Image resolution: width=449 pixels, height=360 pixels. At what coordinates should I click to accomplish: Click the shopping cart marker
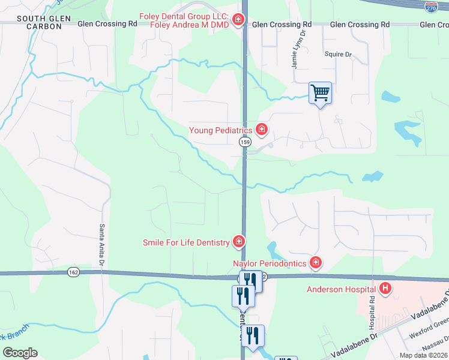pos(320,93)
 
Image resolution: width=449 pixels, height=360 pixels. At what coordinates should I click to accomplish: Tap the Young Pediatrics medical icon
pos(261,129)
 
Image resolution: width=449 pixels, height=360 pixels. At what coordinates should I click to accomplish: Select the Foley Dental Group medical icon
pos(238,20)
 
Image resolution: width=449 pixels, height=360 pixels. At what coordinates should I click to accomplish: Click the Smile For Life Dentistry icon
pos(238,242)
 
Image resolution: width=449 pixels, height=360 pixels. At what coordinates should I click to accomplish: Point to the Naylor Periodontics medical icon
pos(315,263)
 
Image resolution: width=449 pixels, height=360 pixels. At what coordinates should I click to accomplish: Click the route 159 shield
pos(244,142)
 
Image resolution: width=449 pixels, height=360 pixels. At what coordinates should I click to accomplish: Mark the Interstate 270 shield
pos(430,7)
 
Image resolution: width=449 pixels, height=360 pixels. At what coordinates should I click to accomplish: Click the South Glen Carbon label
pos(40,23)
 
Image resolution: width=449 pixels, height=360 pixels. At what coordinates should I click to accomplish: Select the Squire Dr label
pos(338,54)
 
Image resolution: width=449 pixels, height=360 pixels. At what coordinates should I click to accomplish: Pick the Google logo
pos(20,353)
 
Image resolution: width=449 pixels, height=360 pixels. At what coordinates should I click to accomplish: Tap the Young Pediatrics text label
pos(220,130)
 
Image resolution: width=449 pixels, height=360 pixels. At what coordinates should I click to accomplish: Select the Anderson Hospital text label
pos(341,289)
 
